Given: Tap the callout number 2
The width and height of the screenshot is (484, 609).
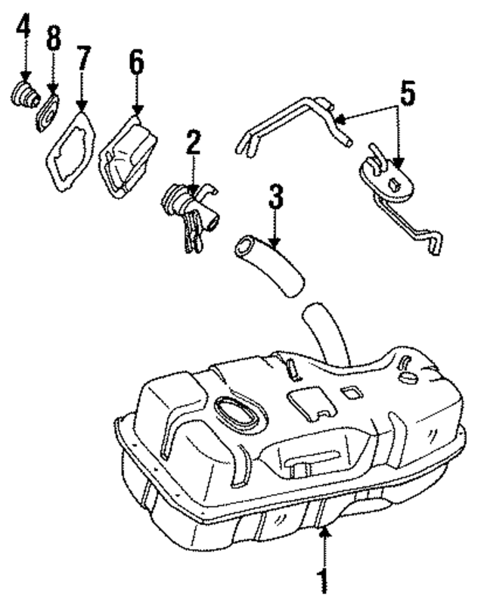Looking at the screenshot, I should click(x=194, y=142).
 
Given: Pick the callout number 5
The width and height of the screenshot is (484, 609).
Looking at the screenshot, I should click(x=408, y=95).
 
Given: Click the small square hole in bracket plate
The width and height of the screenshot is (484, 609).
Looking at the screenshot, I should click(x=396, y=183).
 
